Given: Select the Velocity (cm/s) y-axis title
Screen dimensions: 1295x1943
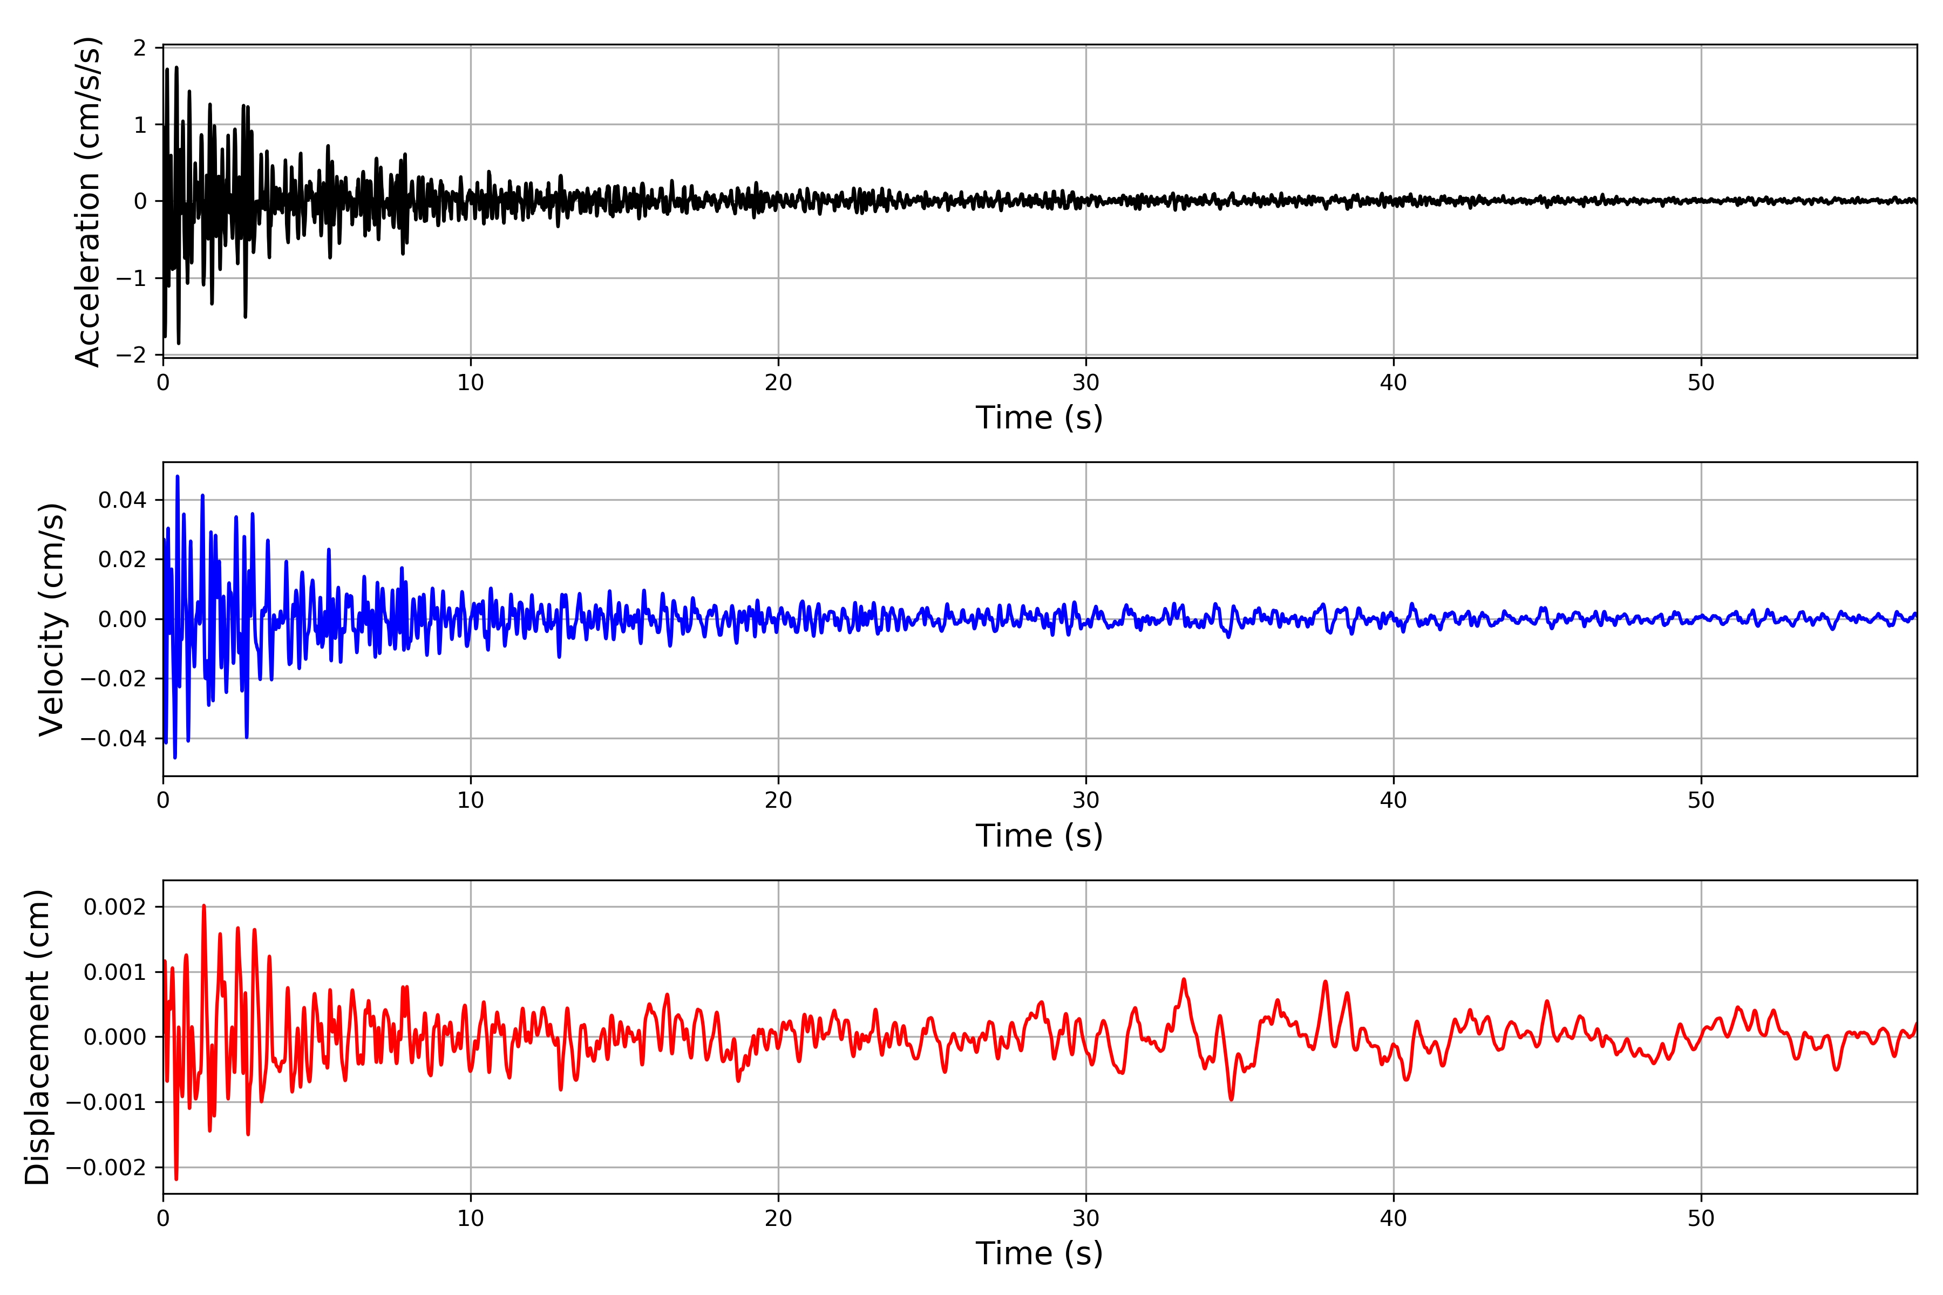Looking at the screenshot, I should pyautogui.click(x=51, y=619).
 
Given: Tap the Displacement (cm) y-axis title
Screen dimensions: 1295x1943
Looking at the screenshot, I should pyautogui.click(x=37, y=1037).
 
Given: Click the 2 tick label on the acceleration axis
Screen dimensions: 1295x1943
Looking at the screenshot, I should pyautogui.click(x=140, y=48).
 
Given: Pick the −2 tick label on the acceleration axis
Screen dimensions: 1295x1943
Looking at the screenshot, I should pyautogui.click(x=131, y=355).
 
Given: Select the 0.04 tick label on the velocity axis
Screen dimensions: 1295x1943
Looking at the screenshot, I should pyautogui.click(x=123, y=500).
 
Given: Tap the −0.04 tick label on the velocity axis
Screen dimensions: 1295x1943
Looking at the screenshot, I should pyautogui.click(x=113, y=738).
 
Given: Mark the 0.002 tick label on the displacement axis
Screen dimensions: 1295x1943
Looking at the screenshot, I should pyautogui.click(x=115, y=907).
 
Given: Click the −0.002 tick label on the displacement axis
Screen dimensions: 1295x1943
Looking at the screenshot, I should pyautogui.click(x=106, y=1167).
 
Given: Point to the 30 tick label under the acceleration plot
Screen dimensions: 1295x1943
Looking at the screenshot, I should pyautogui.click(x=1085, y=383).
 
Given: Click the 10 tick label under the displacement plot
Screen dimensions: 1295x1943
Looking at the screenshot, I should pyautogui.click(x=471, y=1218).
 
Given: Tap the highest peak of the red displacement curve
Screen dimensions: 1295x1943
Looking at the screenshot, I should pyautogui.click(x=204, y=906).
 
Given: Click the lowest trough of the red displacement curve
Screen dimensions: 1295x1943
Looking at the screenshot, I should pyautogui.click(x=176, y=1178).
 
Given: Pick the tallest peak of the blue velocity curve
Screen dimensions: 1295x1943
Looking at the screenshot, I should pyautogui.click(x=178, y=476).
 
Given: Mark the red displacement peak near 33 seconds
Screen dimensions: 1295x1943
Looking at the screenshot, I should pyautogui.click(x=1184, y=979).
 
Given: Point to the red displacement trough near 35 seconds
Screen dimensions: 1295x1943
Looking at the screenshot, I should pyautogui.click(x=1232, y=1099).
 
